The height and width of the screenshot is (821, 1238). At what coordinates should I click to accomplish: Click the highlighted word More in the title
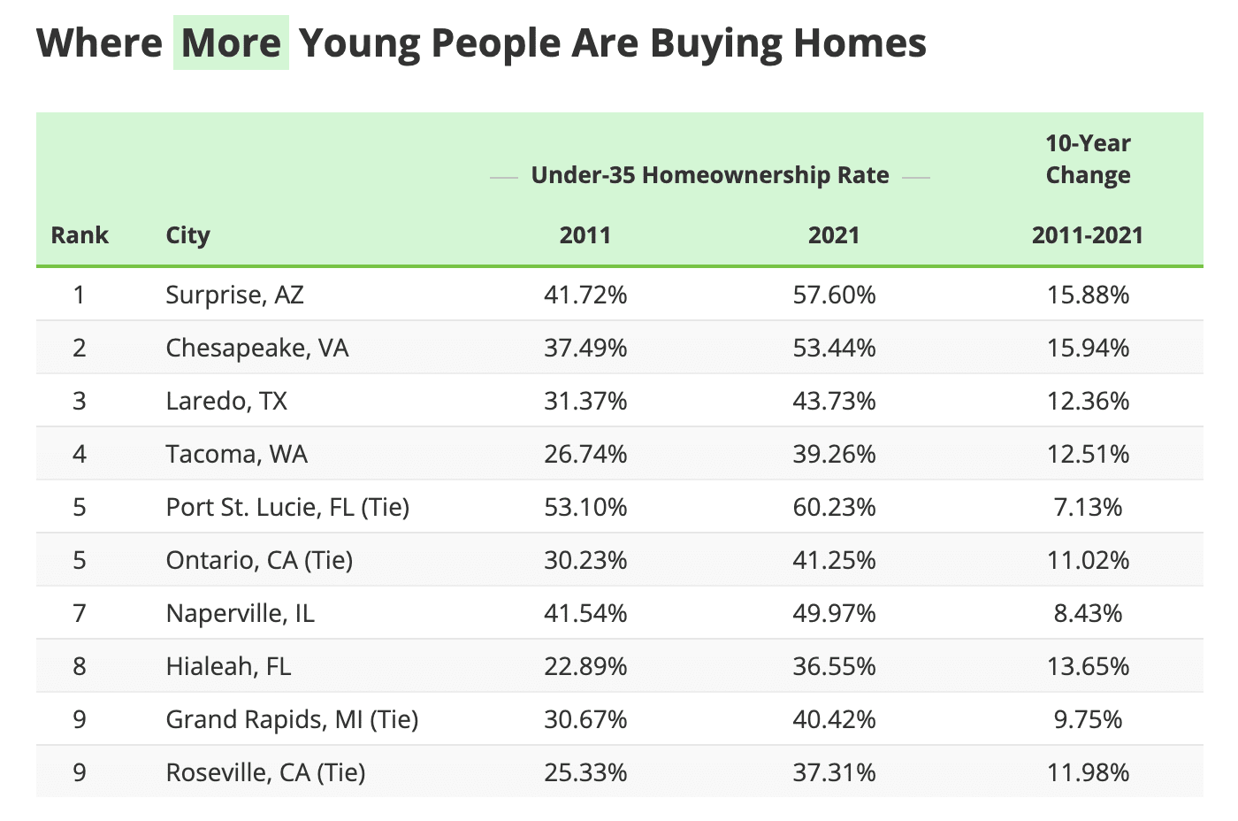coord(231,42)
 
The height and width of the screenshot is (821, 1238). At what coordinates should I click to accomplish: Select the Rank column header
coord(80,235)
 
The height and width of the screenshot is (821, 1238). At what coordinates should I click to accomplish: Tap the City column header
coord(187,235)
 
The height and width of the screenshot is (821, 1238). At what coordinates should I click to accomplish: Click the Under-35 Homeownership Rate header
coord(709,175)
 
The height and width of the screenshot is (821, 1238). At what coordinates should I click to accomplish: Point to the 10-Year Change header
coord(1088,159)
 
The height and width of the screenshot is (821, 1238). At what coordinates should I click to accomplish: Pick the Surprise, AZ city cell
coord(234,295)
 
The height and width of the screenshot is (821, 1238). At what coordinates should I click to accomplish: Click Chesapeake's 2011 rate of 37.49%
coord(585,348)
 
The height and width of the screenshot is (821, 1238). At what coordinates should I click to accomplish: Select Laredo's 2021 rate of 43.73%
coord(834,401)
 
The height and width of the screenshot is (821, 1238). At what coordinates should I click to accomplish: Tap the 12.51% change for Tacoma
coord(1088,454)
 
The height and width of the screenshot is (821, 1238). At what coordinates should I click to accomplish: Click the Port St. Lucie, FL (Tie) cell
coord(287,507)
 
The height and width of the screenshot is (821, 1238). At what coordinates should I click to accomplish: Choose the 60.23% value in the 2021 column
coord(834,507)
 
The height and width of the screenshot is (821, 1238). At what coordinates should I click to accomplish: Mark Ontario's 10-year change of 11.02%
coord(1088,560)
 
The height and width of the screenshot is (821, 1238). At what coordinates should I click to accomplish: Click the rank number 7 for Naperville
coord(80,613)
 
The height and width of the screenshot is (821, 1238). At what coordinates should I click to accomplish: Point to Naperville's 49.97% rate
coord(834,613)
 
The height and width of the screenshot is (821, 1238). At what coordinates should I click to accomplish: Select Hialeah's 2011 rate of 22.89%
coord(585,666)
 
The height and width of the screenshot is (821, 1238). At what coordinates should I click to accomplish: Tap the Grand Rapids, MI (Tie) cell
coord(292,719)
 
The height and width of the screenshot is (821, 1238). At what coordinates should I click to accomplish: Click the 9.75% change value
coord(1088,719)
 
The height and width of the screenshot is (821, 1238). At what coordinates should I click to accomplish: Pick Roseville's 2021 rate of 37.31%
coord(834,772)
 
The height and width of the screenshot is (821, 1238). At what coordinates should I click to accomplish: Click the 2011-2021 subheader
coord(1088,235)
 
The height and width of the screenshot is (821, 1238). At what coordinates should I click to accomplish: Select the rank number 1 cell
coord(80,295)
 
